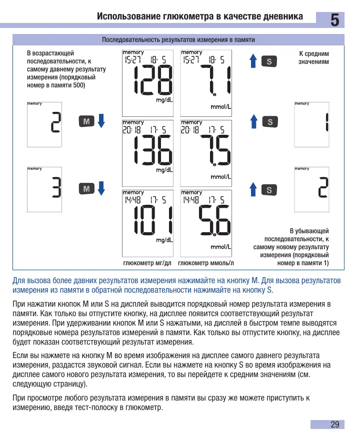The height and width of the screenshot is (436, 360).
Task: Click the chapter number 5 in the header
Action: [x=334, y=20]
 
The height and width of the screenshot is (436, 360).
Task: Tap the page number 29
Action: [x=334, y=425]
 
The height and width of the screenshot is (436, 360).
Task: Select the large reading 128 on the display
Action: [x=153, y=80]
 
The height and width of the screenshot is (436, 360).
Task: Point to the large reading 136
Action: [x=153, y=150]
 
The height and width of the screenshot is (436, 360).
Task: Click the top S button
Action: [x=269, y=61]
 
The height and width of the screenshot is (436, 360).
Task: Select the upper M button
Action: [x=86, y=121]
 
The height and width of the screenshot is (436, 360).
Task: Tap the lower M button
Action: [x=86, y=189]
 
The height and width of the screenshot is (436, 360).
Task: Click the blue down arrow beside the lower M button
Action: [x=101, y=188]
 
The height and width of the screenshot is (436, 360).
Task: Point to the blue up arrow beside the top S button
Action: [x=253, y=61]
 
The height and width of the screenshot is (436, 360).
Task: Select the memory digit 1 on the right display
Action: [x=327, y=122]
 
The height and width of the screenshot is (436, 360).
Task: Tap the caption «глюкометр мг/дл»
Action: [x=147, y=263]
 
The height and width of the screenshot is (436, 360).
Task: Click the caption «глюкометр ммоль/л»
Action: [x=206, y=263]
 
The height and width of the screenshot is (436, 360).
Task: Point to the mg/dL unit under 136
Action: [x=164, y=170]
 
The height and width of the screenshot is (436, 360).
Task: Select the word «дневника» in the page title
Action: [x=283, y=16]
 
